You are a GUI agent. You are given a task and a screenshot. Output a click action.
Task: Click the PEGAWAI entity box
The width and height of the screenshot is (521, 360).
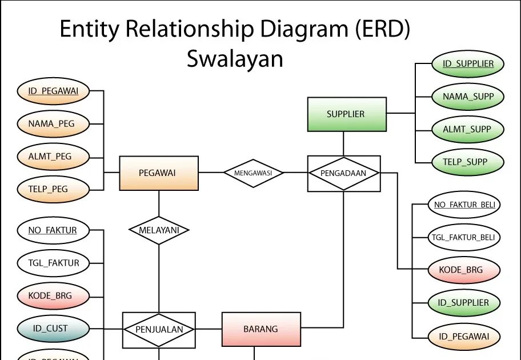[x=158, y=173]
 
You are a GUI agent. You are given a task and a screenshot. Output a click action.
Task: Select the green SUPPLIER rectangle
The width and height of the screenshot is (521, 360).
[x=345, y=114]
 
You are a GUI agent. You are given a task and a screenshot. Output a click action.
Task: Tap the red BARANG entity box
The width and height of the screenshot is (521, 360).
[x=260, y=329]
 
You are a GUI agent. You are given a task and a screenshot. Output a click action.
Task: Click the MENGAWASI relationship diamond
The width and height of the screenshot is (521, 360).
[x=253, y=173]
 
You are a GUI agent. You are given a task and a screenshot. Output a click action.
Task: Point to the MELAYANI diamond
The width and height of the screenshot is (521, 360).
[x=159, y=230]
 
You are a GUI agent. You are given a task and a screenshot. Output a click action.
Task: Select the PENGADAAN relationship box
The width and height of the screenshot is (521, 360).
[x=344, y=173]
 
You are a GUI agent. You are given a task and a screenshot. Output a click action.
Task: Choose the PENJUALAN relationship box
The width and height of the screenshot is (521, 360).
[x=159, y=330]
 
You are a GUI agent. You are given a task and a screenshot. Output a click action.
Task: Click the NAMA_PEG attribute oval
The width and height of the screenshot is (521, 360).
[x=51, y=123]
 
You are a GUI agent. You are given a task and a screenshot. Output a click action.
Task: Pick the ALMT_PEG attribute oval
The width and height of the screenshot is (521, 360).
[x=51, y=155]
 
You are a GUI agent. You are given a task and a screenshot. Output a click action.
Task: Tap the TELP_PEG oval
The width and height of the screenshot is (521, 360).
[x=51, y=189]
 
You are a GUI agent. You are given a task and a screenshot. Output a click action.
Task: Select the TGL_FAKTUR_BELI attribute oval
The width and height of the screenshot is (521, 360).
[x=464, y=237]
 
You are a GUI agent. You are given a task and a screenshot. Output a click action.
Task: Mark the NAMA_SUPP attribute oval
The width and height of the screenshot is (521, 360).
[x=467, y=97]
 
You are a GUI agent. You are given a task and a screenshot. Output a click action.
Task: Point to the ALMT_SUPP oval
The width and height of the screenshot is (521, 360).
[x=467, y=130]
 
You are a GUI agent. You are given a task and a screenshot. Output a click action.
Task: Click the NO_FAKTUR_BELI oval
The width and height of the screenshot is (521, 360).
[x=464, y=205]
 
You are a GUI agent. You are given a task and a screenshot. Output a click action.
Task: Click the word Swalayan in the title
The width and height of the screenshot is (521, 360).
[x=235, y=59]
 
